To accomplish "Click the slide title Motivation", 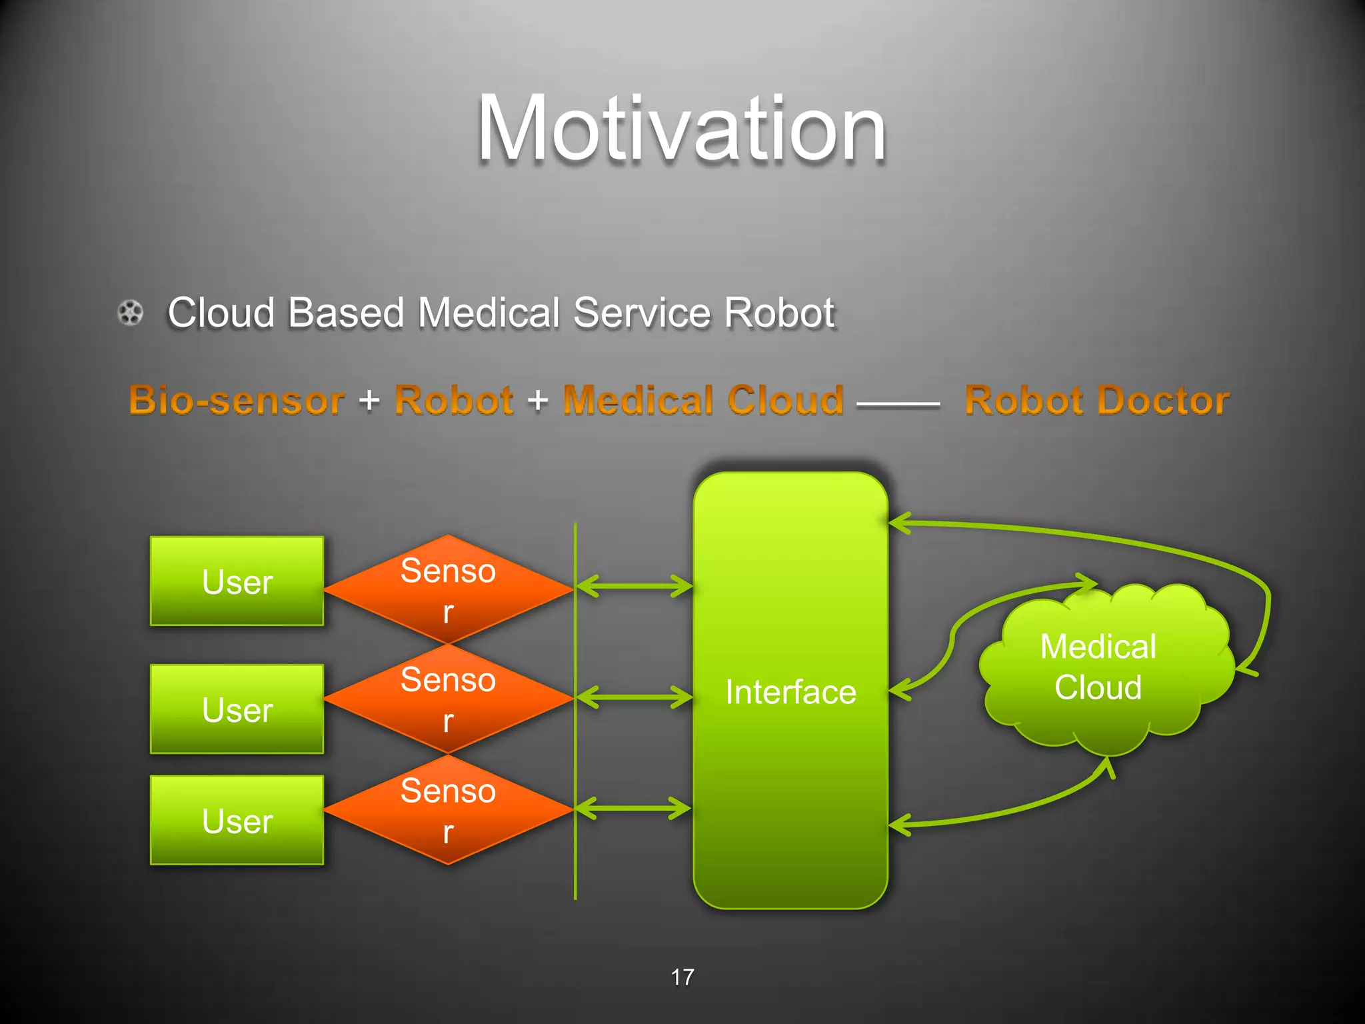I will pyautogui.click(x=681, y=128).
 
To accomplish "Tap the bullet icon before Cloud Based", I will pyautogui.click(x=131, y=313).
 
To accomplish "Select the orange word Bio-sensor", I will pyautogui.click(x=237, y=401).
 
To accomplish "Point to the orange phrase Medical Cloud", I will pyautogui.click(x=703, y=401).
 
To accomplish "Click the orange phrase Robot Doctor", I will pyautogui.click(x=1096, y=401).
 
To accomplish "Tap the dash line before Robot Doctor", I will pyautogui.click(x=898, y=404).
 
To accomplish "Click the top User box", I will pyautogui.click(x=237, y=581).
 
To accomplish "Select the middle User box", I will pyautogui.click(x=237, y=709).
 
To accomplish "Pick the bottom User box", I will pyautogui.click(x=237, y=820).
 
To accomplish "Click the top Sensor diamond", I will pyautogui.click(x=448, y=589).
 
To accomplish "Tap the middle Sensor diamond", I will pyautogui.click(x=448, y=699).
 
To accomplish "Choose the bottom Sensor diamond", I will pyautogui.click(x=448, y=809).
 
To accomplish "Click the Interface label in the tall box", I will pyautogui.click(x=790, y=692).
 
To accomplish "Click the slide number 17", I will pyautogui.click(x=682, y=977).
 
